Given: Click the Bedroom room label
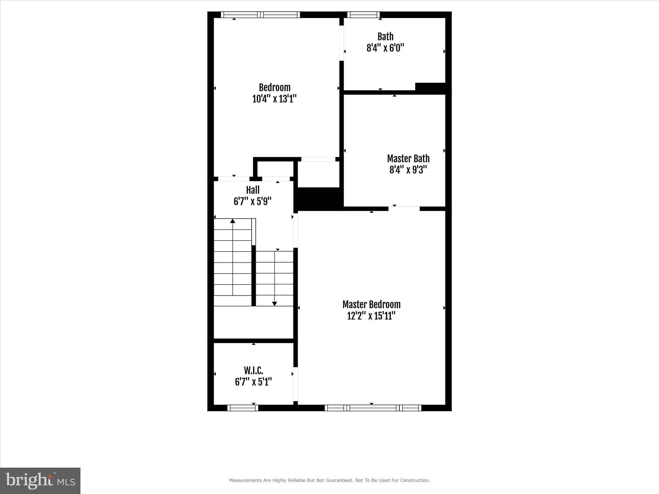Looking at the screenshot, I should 274,87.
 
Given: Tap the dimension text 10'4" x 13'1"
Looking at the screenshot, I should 274,99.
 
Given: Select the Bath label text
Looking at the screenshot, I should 385,36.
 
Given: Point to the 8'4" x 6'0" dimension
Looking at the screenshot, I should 385,48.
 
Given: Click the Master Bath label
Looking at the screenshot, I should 408,159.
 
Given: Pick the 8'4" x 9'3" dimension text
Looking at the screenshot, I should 408,170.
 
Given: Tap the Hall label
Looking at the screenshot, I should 253,190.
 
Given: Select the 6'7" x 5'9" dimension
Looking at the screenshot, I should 253,201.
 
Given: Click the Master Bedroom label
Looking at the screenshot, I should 371,304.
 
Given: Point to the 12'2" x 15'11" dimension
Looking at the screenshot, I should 371,316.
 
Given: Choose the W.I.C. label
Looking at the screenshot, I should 253,370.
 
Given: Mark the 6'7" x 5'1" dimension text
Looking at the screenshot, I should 253,382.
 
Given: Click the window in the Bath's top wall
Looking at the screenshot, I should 363,15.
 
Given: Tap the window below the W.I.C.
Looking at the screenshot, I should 243,408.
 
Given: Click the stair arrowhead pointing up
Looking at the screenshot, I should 233,221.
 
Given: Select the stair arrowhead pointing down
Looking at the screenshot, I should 274,304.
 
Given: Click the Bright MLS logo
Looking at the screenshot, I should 40,480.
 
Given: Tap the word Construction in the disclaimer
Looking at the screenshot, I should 414,480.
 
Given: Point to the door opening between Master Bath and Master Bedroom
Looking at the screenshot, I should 404,208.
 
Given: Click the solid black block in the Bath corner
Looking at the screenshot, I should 430,87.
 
